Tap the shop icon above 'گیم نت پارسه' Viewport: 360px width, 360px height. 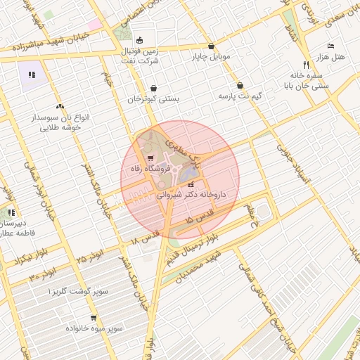tap(240, 84)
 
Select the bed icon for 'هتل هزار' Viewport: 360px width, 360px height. tap(330, 46)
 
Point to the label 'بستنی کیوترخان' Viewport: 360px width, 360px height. tap(153, 99)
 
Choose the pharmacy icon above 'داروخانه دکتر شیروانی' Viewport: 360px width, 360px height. tap(191, 184)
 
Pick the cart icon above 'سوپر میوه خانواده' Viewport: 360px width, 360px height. tap(94, 317)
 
